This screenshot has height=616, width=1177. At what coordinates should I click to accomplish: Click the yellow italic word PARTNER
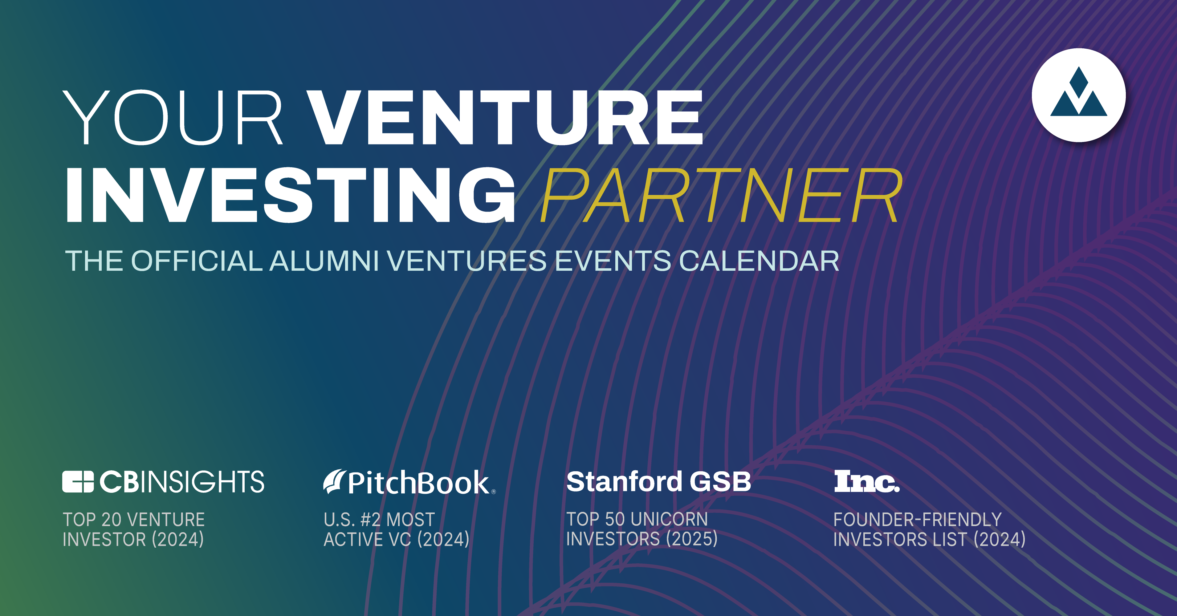point(721,195)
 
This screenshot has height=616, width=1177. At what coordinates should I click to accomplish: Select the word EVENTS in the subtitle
point(613,261)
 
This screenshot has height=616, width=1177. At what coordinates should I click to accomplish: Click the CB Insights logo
point(163,482)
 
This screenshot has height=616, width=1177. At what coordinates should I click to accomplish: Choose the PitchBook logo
point(409,483)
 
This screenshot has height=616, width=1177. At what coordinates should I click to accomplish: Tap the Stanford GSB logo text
point(658,481)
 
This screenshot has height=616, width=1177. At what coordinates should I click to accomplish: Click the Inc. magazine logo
point(867,481)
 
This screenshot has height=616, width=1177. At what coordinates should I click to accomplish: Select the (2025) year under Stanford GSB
point(692,539)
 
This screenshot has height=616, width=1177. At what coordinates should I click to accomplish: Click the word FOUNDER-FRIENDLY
point(918,520)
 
